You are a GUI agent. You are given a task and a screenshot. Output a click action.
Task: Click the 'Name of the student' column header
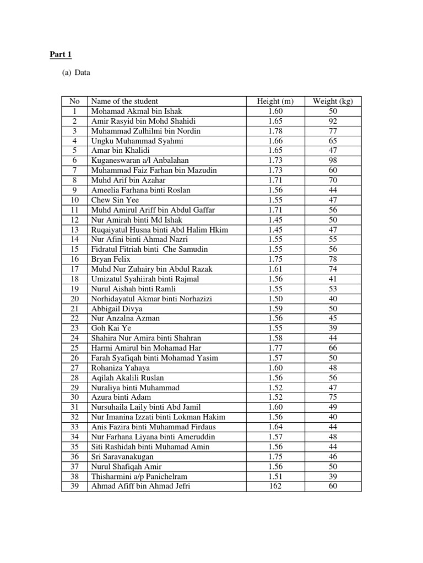pyautogui.click(x=124, y=101)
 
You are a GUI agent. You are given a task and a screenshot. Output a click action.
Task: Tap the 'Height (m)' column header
pyautogui.click(x=275, y=101)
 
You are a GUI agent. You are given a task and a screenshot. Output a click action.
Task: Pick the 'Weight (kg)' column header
pyautogui.click(x=333, y=101)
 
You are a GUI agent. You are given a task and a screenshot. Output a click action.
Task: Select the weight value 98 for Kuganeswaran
pyautogui.click(x=333, y=160)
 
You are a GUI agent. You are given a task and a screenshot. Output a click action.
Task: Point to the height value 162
pyautogui.click(x=275, y=487)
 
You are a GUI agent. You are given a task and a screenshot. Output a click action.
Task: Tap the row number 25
pyautogui.click(x=74, y=348)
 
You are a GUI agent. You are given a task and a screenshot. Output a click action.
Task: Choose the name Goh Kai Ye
pyautogui.click(x=109, y=328)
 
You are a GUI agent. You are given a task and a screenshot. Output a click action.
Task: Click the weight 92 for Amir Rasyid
pyautogui.click(x=333, y=121)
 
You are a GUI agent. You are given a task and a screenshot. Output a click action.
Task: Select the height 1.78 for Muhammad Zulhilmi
pyautogui.click(x=275, y=131)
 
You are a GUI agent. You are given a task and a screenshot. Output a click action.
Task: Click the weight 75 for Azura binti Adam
pyautogui.click(x=333, y=398)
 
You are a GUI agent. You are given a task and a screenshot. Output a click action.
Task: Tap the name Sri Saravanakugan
pyautogui.click(x=122, y=457)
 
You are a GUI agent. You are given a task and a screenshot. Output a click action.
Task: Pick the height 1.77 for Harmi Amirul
pyautogui.click(x=275, y=348)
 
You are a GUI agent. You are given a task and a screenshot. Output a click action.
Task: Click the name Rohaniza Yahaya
pyautogui.click(x=120, y=368)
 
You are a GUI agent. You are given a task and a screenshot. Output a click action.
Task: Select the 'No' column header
pyautogui.click(x=74, y=101)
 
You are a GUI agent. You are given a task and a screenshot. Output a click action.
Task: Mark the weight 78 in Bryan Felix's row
pyautogui.click(x=333, y=259)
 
